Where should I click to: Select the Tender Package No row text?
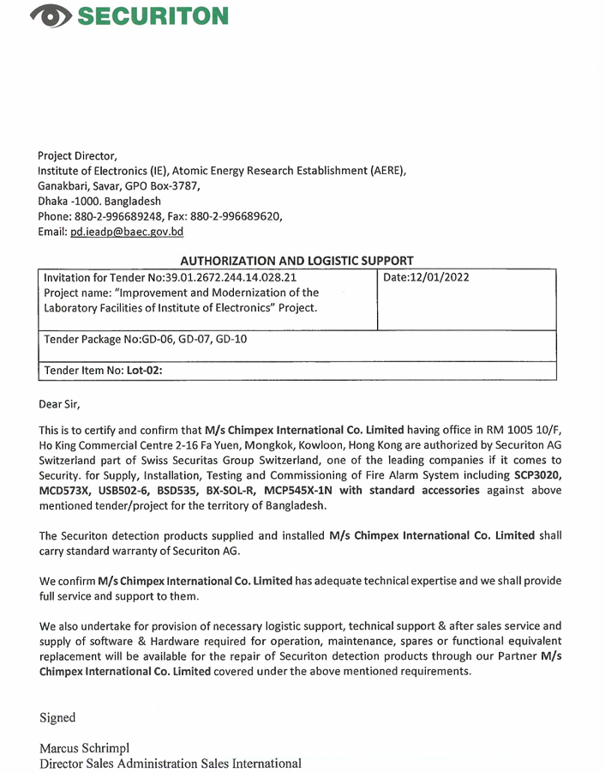[x=145, y=339]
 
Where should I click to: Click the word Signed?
[x=57, y=717]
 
